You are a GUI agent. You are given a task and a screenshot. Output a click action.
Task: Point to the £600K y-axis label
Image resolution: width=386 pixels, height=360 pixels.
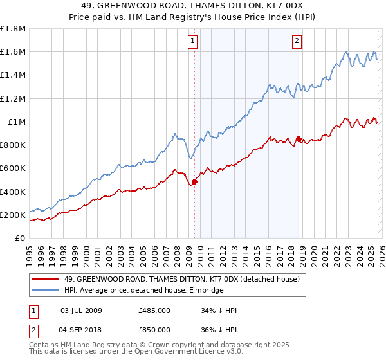(x=14, y=168)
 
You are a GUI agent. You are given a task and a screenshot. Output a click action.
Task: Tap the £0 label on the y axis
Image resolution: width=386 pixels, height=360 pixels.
(x=21, y=238)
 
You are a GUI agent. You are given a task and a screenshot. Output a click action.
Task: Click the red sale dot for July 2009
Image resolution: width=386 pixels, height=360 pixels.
(x=194, y=182)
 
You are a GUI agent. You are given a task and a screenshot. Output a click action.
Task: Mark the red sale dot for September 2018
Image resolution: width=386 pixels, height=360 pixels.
(x=299, y=139)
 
